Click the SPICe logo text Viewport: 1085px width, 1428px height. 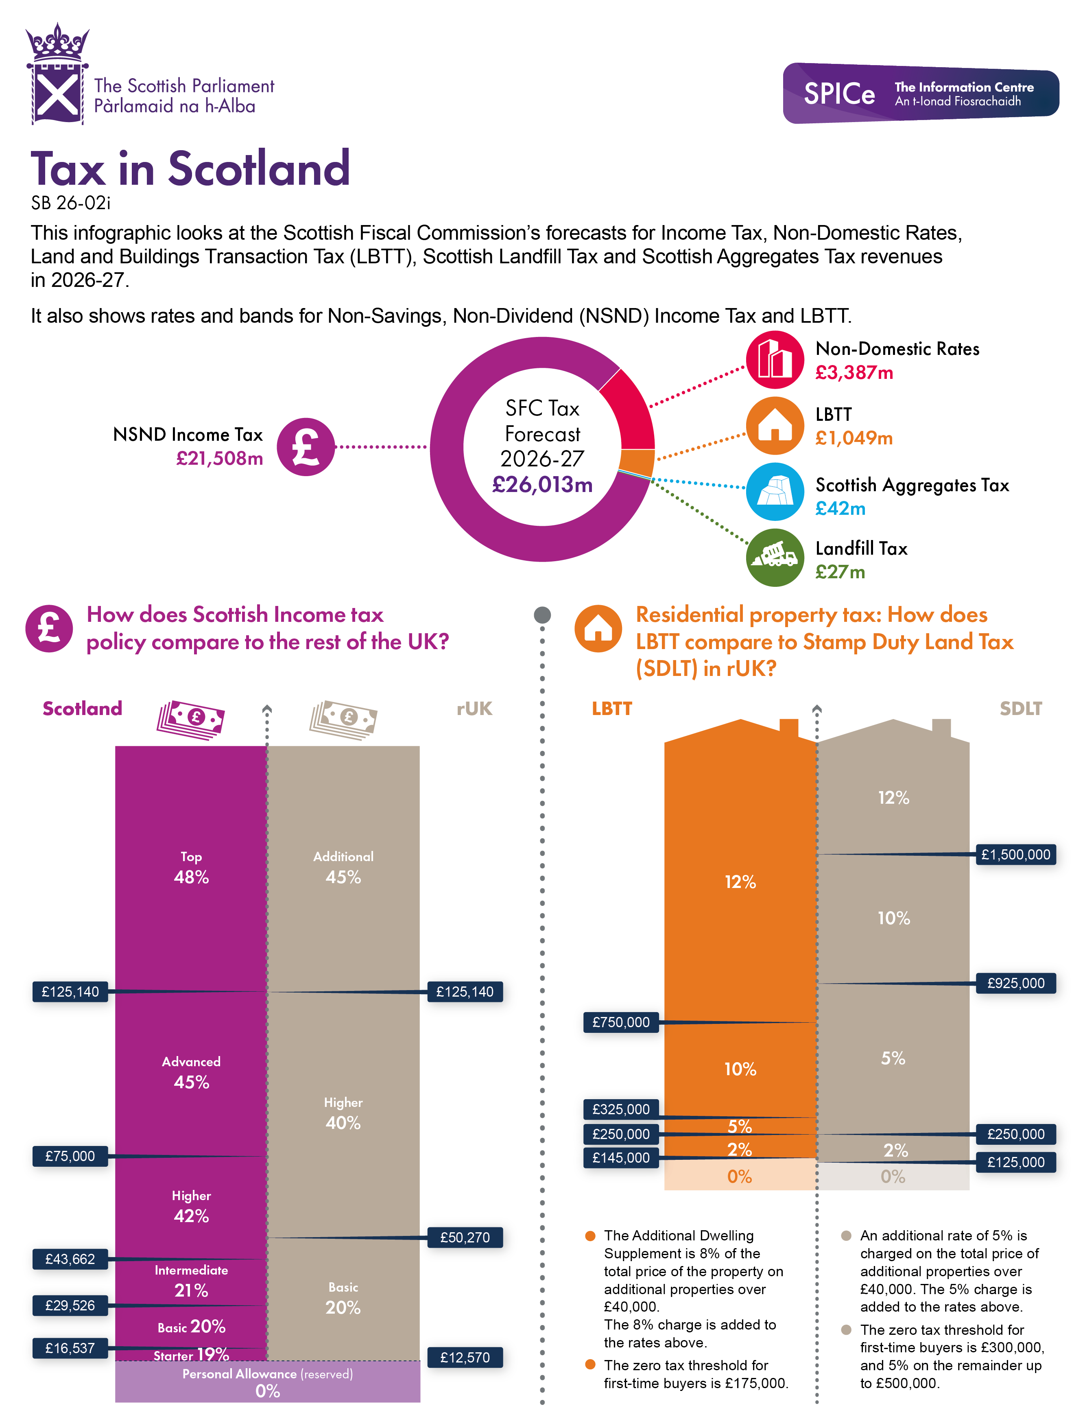click(x=838, y=94)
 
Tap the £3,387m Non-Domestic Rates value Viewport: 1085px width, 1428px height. click(x=854, y=373)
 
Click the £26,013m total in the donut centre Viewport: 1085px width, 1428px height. click(x=542, y=484)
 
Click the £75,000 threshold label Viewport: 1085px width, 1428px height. click(x=70, y=1156)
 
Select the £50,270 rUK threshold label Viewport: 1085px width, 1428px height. click(x=465, y=1238)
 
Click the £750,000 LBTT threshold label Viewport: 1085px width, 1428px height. click(x=621, y=1022)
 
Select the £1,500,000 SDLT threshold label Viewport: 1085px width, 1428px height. click(x=1015, y=855)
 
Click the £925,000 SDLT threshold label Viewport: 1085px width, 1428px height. click(x=1015, y=983)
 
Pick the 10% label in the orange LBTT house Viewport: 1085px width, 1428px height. click(x=740, y=1069)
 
